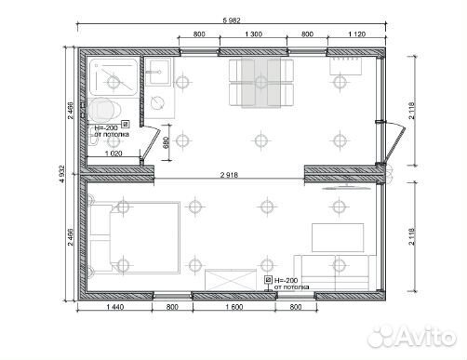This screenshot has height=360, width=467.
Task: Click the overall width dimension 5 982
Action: coord(232,20)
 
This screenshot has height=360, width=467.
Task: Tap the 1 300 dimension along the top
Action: coord(253,34)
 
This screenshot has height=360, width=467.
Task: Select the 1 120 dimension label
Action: coord(357,34)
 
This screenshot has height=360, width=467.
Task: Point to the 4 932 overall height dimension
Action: coord(62,174)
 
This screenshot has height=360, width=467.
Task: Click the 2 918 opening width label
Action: coord(229,175)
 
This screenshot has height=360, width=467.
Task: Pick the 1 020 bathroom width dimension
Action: coord(113,153)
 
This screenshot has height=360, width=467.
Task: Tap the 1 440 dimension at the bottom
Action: coord(115,307)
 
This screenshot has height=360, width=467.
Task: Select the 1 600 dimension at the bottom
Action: coord(234,307)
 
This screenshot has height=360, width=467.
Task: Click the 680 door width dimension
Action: coord(166,142)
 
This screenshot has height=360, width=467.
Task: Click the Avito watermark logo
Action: coord(412,337)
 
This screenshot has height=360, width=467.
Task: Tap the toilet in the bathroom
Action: coord(104,110)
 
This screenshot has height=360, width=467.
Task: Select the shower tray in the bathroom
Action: coord(113,77)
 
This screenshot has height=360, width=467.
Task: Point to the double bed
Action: coord(134,238)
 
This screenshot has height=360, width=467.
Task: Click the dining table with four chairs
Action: coord(261,83)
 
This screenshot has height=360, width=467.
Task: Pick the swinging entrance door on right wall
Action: coord(394,143)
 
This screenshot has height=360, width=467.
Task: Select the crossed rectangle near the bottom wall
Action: coord(231,280)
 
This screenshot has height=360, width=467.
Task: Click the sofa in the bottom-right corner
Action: coord(335,273)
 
